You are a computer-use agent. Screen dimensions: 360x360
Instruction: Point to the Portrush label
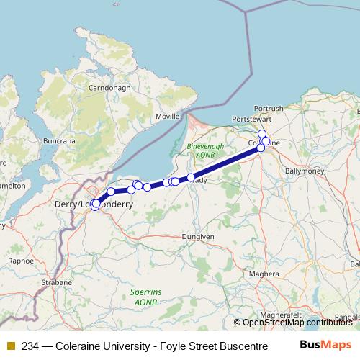coord(269,108)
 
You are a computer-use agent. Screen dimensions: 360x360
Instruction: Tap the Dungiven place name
coord(197,236)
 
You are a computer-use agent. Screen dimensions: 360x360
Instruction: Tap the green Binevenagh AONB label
coord(206,150)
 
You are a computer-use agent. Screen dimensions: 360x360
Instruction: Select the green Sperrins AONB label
coord(145,296)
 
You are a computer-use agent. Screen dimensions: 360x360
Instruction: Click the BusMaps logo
coord(325,345)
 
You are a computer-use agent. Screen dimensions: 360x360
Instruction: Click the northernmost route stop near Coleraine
coord(262,133)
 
